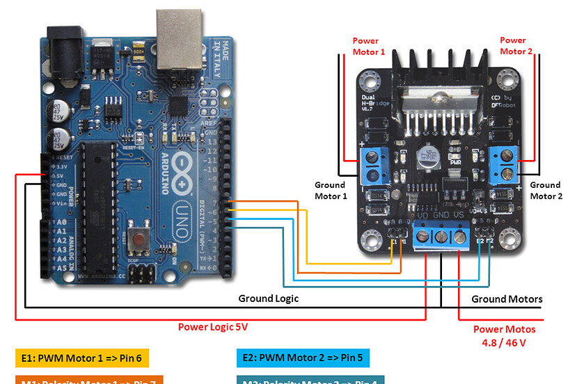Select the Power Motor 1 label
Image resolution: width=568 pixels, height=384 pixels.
pos(368,47)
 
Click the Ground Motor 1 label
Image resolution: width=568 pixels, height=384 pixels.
pos(330,191)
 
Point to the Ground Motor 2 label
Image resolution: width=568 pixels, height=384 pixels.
pos(545,191)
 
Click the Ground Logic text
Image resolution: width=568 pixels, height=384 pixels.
pos(269,298)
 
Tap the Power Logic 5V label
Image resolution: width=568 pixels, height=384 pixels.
pos(213,326)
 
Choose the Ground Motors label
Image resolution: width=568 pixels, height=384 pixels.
pos(507,299)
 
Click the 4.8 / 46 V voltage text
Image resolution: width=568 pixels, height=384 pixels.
pos(505,342)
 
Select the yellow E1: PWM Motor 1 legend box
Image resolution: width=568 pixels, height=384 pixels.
pos(81,358)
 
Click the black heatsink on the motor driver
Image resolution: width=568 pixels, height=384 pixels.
pos(439,77)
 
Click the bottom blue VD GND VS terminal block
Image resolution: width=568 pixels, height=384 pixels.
pos(440,238)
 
